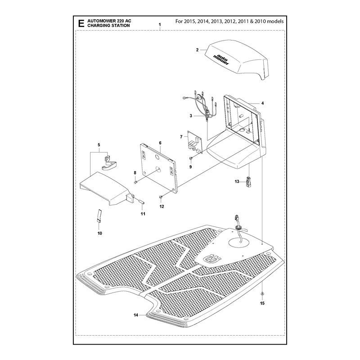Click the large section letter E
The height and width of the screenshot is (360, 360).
point(81,23)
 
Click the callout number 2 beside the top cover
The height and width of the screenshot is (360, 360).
point(197,50)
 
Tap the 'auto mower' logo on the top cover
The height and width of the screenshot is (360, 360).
point(220,59)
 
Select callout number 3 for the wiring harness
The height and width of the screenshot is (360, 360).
point(191,116)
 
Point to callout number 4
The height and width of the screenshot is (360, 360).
point(262,103)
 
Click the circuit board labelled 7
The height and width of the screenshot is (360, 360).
point(195,142)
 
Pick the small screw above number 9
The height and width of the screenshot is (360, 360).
point(190,158)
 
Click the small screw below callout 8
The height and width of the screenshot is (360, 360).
point(135,182)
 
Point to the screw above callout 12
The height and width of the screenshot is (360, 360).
point(161,197)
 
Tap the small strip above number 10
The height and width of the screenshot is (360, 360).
point(99,216)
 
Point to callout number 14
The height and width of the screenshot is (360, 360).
point(136,315)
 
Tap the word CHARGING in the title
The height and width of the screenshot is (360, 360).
point(98,26)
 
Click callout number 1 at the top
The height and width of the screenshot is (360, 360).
point(160,25)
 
